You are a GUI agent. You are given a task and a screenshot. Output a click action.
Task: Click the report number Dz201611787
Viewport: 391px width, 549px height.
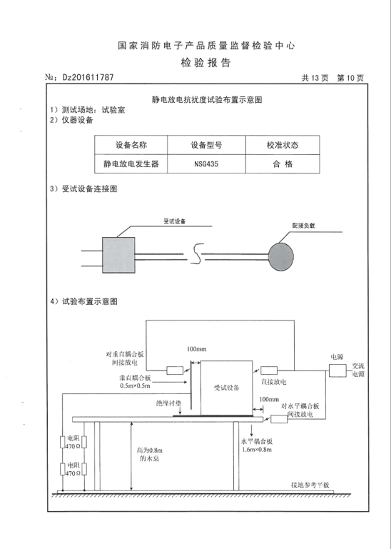pos(88,77)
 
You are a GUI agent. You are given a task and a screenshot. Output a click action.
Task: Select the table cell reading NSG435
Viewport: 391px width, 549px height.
pos(206,164)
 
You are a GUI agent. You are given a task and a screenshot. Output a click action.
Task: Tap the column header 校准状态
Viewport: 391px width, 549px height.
pos(283,145)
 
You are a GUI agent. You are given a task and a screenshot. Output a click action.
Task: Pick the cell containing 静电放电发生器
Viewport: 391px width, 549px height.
pos(131,164)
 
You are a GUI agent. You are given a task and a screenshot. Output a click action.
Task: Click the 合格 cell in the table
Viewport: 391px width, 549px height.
pos(283,164)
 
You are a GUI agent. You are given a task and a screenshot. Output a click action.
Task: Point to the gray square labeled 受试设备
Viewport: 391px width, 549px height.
pos(118,255)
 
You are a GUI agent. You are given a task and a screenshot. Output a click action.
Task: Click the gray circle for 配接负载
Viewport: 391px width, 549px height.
pos(280,257)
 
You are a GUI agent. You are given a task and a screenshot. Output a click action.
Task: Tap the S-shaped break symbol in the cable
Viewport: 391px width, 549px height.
pos(197,253)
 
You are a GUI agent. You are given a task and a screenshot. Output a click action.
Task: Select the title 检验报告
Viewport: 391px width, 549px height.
pos(205,63)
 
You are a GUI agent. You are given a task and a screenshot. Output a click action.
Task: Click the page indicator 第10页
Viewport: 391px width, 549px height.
pos(350,78)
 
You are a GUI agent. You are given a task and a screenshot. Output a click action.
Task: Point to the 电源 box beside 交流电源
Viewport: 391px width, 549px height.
pos(337,371)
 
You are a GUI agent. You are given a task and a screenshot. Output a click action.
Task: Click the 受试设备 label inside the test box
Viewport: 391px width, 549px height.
pos(226,388)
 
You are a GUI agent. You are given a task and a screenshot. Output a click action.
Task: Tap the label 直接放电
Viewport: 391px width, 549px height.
pos(273,382)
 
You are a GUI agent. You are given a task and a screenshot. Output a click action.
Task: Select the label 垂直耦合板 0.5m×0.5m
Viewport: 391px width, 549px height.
pos(135,382)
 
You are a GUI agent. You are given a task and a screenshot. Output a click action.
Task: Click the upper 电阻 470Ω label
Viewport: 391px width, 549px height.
pos(73,442)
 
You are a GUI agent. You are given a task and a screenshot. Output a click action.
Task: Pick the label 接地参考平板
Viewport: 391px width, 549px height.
pos(310,485)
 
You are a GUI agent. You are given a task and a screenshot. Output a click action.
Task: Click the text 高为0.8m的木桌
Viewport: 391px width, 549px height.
pos(149,454)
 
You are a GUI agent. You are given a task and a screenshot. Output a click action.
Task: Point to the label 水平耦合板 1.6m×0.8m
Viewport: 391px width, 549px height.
pos(257,445)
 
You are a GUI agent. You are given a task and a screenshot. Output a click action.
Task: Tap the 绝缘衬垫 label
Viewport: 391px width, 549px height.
pos(168,403)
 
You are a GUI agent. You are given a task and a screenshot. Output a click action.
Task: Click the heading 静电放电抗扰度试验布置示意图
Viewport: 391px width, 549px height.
pos(207,100)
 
